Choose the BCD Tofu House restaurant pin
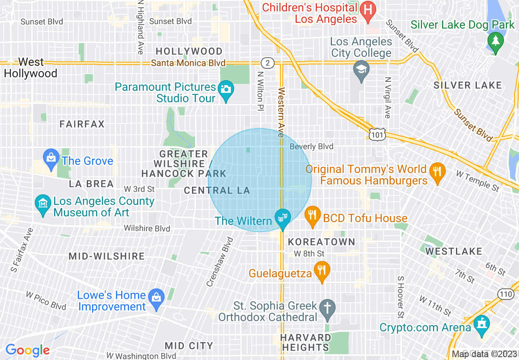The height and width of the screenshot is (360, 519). point(313,217)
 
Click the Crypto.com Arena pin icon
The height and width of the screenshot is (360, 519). point(482,325)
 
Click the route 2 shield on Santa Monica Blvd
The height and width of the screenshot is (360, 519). point(267,63)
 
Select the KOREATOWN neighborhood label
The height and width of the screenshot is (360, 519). point(321,242)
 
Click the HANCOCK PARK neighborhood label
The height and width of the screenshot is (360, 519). point(183,173)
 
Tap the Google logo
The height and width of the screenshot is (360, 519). point(27,350)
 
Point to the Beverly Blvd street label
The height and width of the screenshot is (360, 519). point(311,146)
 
